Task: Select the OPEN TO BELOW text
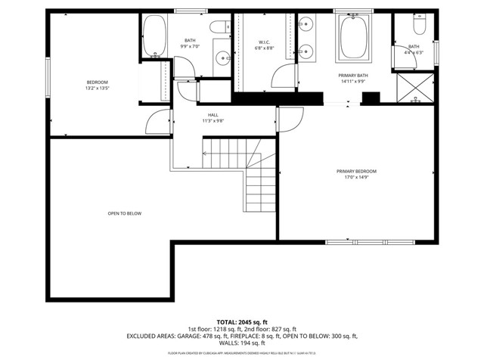pyautogui.click(x=124, y=213)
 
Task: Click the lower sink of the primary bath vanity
pyautogui.click(x=307, y=51)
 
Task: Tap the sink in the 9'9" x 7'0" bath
pyautogui.click(x=222, y=57)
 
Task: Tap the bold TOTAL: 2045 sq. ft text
pyautogui.click(x=241, y=321)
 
